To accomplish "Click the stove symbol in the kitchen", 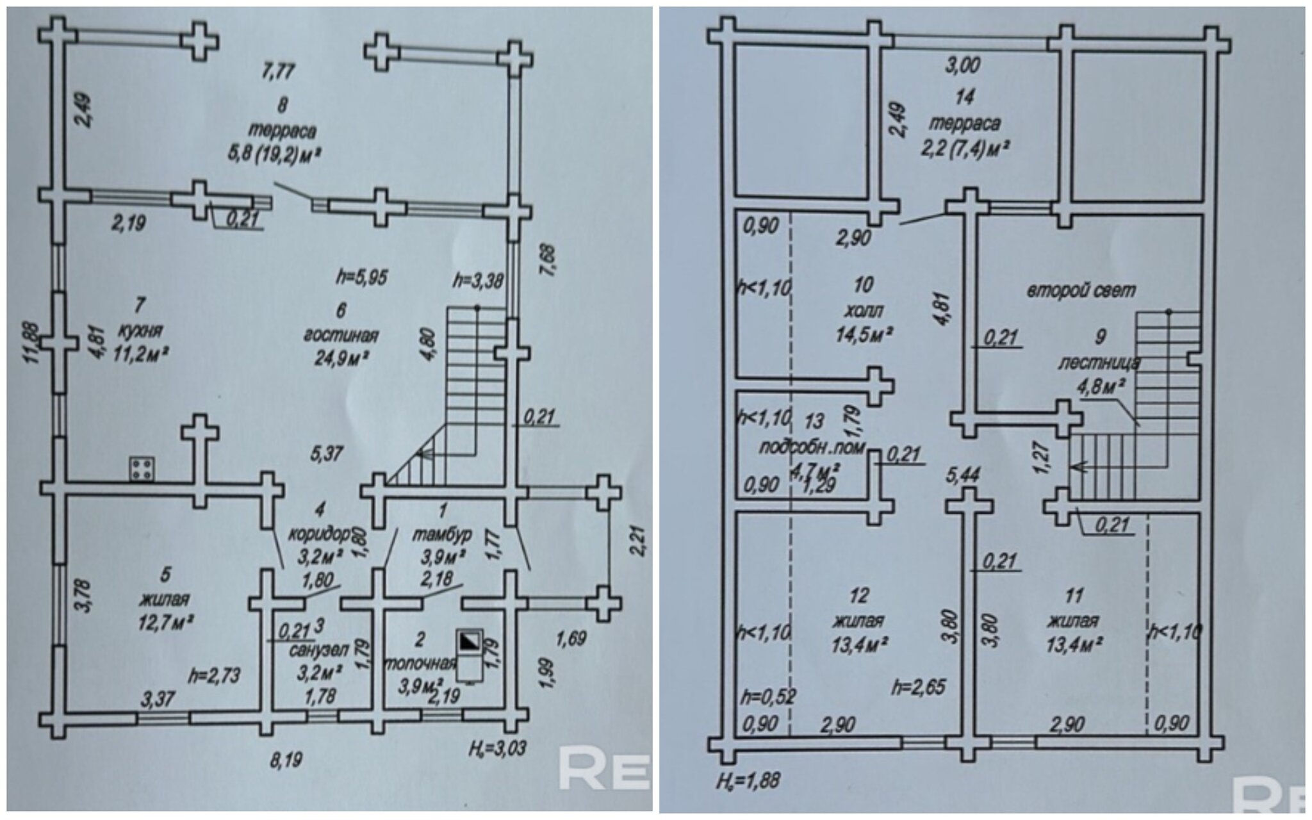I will tap(141, 468).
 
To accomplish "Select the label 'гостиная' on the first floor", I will tap(341, 335).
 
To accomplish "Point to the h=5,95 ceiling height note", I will tap(363, 277).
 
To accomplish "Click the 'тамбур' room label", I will tap(443, 534).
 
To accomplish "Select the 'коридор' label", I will tap(320, 534).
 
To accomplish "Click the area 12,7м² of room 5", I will tap(165, 621).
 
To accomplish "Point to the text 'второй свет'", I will tap(1081, 291).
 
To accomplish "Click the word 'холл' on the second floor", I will tap(864, 311).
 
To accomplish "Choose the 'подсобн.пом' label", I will tap(812, 447).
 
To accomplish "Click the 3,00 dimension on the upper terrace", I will tap(963, 65).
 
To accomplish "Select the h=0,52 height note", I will tap(768, 696).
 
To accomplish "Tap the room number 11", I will tap(1074, 596).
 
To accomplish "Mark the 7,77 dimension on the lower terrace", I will tap(278, 70).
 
